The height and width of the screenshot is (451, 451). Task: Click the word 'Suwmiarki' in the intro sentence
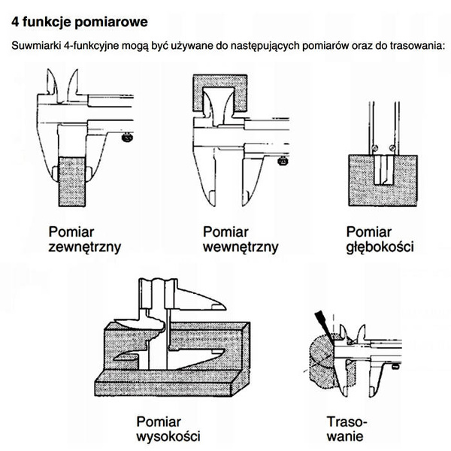35,46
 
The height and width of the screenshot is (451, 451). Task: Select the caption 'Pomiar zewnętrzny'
85,238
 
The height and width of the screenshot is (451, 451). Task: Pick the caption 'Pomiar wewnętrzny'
240,238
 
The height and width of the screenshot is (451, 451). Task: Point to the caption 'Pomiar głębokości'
379,238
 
